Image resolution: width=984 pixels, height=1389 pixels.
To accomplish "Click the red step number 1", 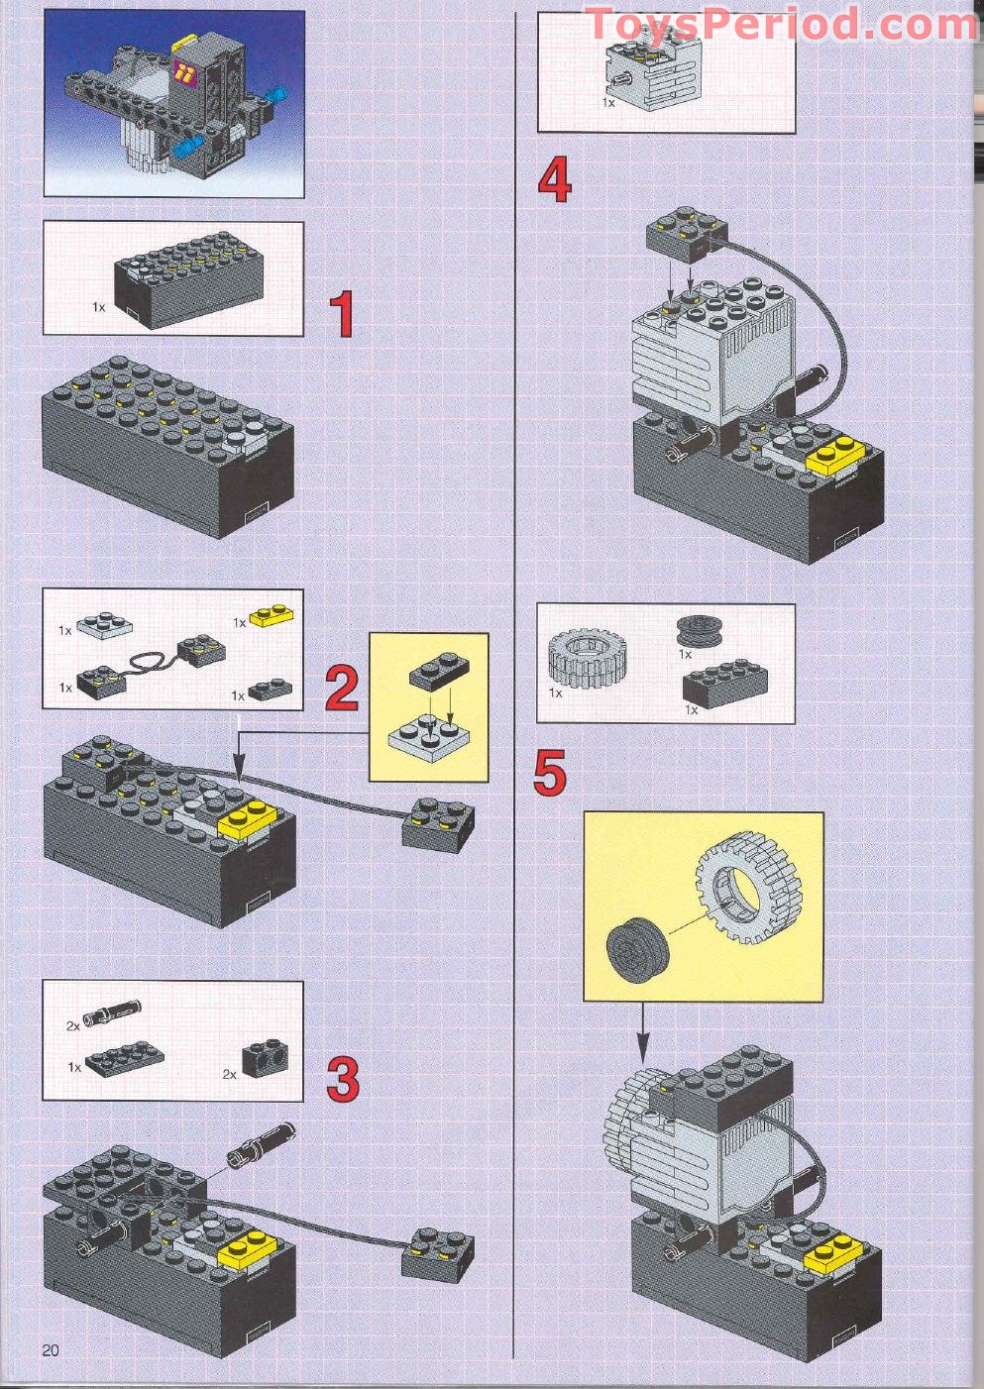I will click(341, 314).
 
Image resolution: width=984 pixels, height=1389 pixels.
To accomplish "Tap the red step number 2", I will click(342, 689).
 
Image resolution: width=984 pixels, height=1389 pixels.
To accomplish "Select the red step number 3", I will click(343, 1080).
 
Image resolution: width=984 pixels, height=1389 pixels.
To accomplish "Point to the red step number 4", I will click(555, 181).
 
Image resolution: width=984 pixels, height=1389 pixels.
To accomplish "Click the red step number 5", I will click(550, 773).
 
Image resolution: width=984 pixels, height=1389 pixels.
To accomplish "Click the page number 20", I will click(51, 1349).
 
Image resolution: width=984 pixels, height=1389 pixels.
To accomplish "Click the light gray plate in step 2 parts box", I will click(106, 624).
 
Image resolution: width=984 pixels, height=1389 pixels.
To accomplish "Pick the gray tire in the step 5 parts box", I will click(586, 658).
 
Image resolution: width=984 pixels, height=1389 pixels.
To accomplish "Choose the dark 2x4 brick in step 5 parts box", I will click(724, 683).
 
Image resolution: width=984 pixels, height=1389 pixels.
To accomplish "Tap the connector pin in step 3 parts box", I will click(113, 1014).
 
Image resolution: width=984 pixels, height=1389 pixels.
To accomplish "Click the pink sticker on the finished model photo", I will click(183, 70).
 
